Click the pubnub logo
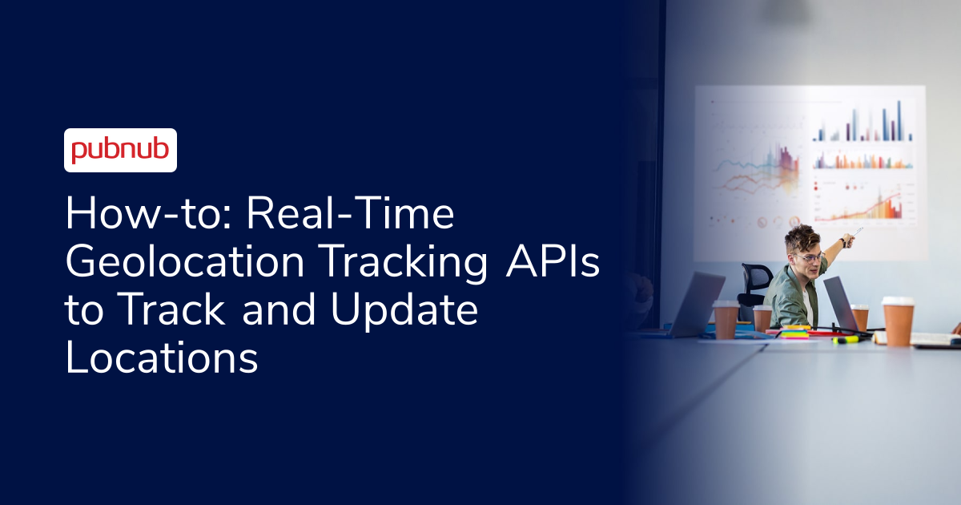tap(120, 150)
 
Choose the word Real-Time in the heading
tap(351, 216)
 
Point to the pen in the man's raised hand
tap(858, 232)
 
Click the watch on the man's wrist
tap(842, 242)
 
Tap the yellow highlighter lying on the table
tap(846, 340)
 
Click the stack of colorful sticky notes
tap(794, 331)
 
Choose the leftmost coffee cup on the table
tap(726, 318)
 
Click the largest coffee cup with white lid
tap(898, 320)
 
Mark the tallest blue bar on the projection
tap(899, 120)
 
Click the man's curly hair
tap(801, 237)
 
